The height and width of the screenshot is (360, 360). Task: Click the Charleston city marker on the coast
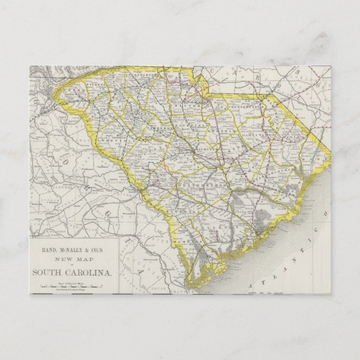(x=258, y=229)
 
